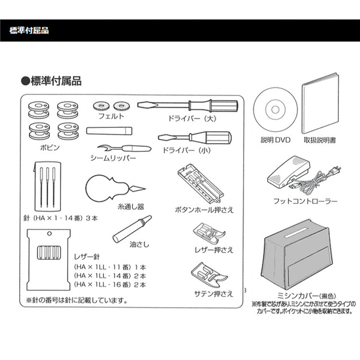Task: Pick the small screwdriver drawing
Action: [x=194, y=138]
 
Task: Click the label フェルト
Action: [x=111, y=116]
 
